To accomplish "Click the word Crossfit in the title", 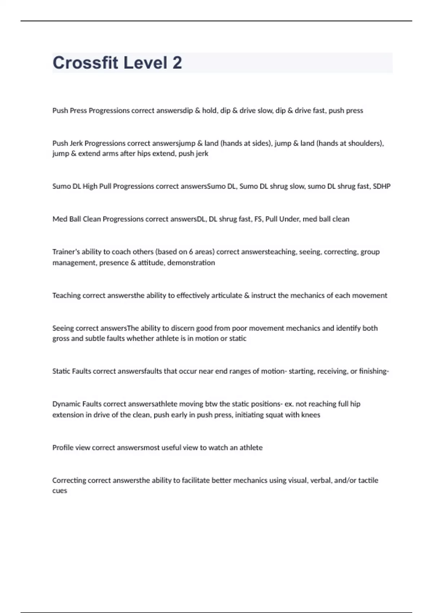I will (x=85, y=63).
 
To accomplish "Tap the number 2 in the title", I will (x=177, y=63).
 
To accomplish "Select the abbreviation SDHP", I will (x=382, y=186).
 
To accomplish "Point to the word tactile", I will (x=368, y=480).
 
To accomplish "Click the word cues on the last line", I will (x=60, y=491).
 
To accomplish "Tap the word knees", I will (x=311, y=415).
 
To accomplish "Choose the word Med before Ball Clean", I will (x=58, y=219).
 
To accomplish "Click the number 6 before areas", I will (x=191, y=252).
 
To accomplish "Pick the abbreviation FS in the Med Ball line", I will (x=258, y=219).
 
